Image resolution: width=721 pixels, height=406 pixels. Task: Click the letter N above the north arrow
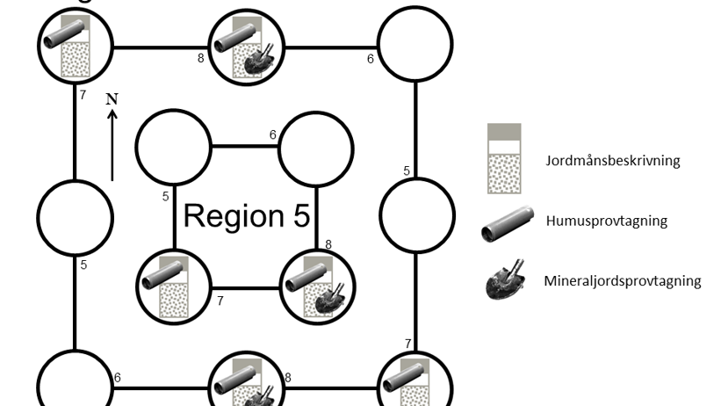pos(112,98)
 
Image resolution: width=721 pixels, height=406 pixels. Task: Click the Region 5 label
pos(247,215)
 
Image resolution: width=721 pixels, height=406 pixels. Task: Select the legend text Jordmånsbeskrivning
pos(612,161)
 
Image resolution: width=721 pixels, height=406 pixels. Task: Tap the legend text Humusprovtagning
pos(605,221)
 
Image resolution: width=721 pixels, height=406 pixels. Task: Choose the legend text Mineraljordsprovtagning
pos(622,281)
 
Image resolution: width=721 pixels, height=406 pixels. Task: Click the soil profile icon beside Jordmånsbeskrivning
pos(504,158)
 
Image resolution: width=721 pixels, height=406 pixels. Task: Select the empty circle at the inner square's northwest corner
pos(174,148)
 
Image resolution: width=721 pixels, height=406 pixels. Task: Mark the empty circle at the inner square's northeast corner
pos(315,148)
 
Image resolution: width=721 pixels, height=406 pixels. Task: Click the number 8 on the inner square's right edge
pos(328,244)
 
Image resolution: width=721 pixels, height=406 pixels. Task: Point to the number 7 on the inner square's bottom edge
pos(220,301)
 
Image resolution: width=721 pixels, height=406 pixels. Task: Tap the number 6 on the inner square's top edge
pos(272,134)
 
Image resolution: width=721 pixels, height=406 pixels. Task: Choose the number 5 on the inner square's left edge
pos(165,197)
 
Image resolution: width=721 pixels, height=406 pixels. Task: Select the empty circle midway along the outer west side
pos(76,215)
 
